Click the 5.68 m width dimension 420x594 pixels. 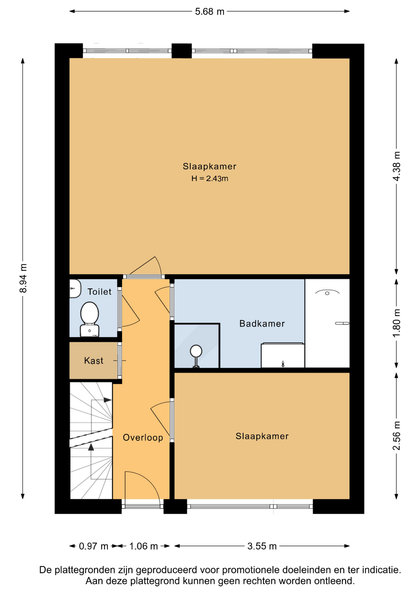pyautogui.click(x=209, y=11)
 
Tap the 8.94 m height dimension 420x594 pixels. pyautogui.click(x=23, y=278)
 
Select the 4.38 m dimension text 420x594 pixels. pyautogui.click(x=396, y=166)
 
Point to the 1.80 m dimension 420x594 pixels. pyautogui.click(x=396, y=323)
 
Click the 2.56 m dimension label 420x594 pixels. pyautogui.click(x=396, y=436)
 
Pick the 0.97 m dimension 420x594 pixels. pyautogui.click(x=93, y=546)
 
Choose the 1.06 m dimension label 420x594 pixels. pyautogui.click(x=144, y=546)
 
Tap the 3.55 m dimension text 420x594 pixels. pyautogui.click(x=262, y=546)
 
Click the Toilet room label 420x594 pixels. pyautogui.click(x=99, y=292)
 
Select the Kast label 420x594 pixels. pyautogui.click(x=94, y=361)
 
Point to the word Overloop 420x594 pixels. pyautogui.click(x=143, y=437)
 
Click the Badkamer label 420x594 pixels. pyautogui.click(x=262, y=324)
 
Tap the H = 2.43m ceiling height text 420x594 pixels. pyautogui.click(x=210, y=179)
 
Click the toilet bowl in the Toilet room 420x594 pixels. pyautogui.click(x=90, y=319)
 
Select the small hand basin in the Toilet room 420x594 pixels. pyautogui.click(x=75, y=289)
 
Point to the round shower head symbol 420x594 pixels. pyautogui.click(x=196, y=351)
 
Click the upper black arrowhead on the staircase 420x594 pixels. pyautogui.click(x=107, y=400)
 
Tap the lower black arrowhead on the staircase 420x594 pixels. pyautogui.click(x=91, y=447)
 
